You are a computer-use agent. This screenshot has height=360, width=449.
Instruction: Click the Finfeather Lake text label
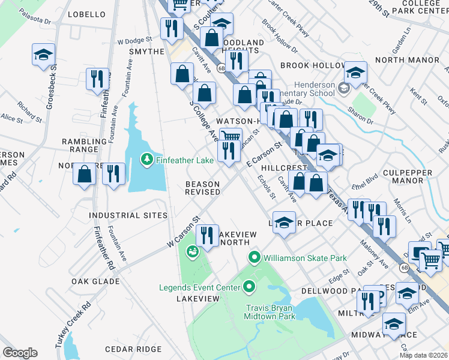click(185, 160)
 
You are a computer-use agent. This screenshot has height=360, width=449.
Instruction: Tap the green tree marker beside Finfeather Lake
click(145, 160)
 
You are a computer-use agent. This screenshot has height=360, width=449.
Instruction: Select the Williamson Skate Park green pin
click(254, 258)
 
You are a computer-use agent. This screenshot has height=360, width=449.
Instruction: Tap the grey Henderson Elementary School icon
click(343, 89)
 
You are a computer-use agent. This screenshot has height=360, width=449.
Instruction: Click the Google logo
click(20, 353)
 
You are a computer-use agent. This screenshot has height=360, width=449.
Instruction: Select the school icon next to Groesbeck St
click(43, 56)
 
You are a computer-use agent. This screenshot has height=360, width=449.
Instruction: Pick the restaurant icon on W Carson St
click(207, 235)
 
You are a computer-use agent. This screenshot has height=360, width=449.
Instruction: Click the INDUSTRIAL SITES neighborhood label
click(128, 215)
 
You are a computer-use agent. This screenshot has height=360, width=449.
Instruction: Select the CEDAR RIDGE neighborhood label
click(133, 349)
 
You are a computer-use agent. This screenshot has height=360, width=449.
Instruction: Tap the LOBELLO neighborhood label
click(87, 14)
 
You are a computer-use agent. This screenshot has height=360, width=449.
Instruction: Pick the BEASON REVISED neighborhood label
click(202, 188)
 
